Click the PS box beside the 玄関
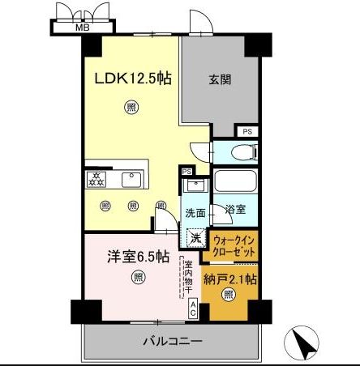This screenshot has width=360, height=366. tap(247, 131)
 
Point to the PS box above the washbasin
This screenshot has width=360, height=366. tap(186, 172)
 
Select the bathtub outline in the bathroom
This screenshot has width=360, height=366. tap(235, 182)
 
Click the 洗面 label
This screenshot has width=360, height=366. tap(195, 214)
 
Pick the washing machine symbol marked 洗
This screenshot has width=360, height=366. tap(195, 238)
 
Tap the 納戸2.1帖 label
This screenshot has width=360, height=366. tap(230, 280)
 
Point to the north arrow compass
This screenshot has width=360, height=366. tap(304, 344)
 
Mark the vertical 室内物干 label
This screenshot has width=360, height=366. tap(186, 279)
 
